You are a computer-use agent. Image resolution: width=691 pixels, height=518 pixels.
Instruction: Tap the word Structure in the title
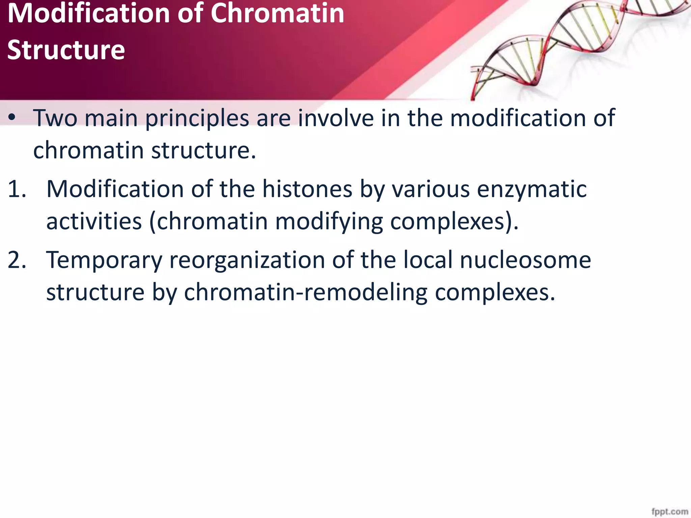click(x=66, y=50)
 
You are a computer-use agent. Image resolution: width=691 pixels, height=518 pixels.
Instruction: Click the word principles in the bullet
click(x=197, y=119)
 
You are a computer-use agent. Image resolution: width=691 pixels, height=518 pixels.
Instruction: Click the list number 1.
click(x=17, y=189)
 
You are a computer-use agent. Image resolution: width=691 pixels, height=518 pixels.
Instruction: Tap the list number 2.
click(x=17, y=260)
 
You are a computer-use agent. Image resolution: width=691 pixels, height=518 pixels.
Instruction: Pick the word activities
click(x=94, y=222)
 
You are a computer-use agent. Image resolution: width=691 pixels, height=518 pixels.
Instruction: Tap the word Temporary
click(x=104, y=261)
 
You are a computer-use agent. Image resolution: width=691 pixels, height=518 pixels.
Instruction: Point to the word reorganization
click(x=247, y=261)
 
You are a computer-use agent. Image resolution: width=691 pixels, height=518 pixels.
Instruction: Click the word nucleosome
click(x=525, y=260)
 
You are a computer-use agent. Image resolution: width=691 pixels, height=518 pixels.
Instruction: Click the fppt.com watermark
click(x=669, y=512)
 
